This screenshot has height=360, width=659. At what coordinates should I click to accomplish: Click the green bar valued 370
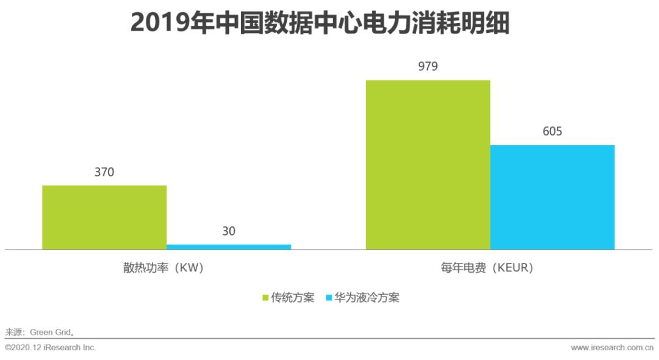tap(104, 217)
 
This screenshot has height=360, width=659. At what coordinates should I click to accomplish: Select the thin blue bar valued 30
tap(229, 247)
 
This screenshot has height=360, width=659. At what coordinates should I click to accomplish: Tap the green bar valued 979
tap(428, 165)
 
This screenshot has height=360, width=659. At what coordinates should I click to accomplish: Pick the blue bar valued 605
tap(552, 197)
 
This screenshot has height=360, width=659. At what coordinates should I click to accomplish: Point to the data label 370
tap(104, 172)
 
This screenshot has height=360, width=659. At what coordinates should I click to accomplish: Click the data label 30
tap(229, 231)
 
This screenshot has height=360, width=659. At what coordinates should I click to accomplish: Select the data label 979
tap(428, 67)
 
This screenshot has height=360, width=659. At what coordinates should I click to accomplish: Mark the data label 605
tap(552, 131)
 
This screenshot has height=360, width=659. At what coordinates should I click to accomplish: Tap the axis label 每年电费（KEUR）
tap(490, 268)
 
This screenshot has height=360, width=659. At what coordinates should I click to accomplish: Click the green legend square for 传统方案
tap(265, 298)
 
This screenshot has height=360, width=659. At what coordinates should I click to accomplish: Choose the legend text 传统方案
tap(292, 298)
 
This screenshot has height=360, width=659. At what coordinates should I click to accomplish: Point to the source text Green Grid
tap(51, 333)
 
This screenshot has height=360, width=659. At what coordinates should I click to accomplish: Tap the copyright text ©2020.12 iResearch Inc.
tap(51, 348)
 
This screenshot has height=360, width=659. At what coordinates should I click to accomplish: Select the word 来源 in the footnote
tap(13, 333)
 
